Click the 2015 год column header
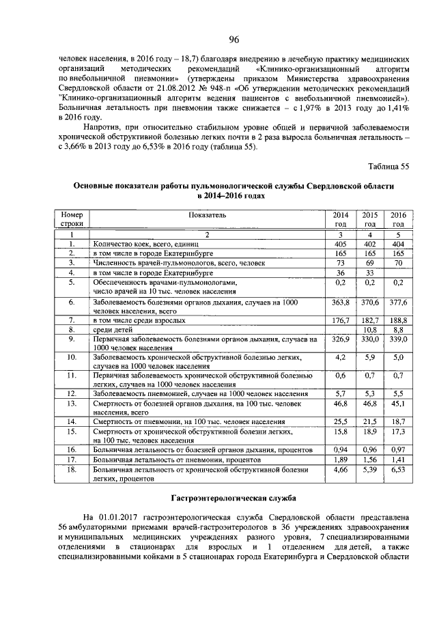[x=369, y=219]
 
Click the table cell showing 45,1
[x=397, y=404]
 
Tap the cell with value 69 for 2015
[x=369, y=262]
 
